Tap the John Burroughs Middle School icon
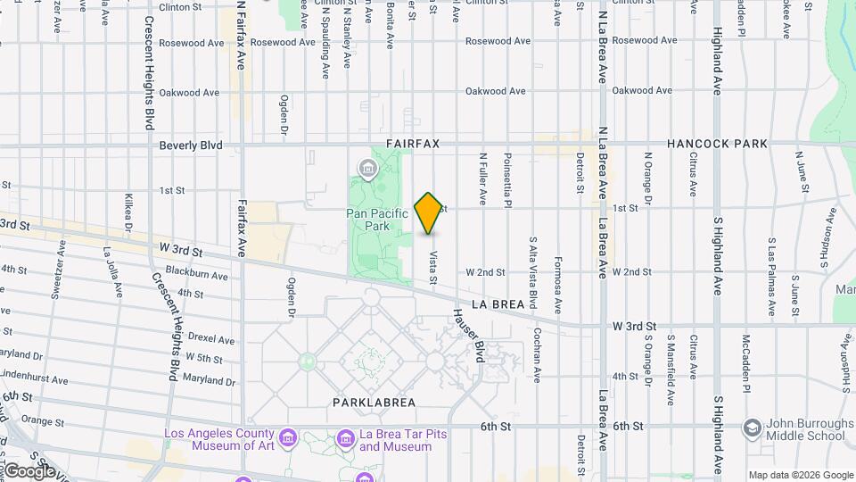tap(752, 429)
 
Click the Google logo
tap(29, 470)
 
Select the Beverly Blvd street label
tap(190, 145)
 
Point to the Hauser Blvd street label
tap(469, 335)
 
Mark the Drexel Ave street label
tap(211, 339)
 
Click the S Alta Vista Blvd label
tap(533, 267)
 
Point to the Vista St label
tap(432, 268)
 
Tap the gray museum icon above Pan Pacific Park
tap(366, 167)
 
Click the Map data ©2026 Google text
tap(799, 474)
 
